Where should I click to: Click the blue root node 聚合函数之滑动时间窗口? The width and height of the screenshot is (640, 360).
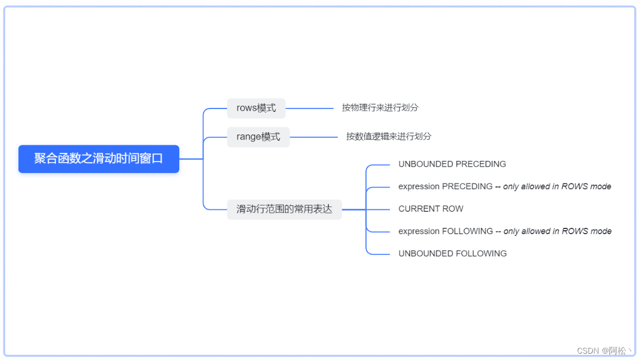click(x=99, y=159)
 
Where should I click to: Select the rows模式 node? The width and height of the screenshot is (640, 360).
click(x=256, y=108)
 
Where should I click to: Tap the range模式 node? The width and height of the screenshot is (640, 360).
click(x=258, y=137)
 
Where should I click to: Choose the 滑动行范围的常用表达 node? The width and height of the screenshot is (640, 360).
click(x=284, y=209)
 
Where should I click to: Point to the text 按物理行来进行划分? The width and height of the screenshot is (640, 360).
click(x=380, y=107)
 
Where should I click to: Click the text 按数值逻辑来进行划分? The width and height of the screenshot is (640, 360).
click(x=389, y=136)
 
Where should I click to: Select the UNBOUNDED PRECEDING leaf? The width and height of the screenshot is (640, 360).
click(x=452, y=164)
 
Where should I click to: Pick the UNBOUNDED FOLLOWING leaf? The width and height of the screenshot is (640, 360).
click(x=453, y=253)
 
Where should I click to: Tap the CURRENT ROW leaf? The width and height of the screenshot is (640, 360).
click(x=431, y=209)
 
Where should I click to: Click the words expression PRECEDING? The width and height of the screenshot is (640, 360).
click(x=445, y=186)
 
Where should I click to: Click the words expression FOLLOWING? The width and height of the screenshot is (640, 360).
click(x=445, y=231)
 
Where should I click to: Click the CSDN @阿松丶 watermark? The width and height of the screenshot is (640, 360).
click(x=605, y=350)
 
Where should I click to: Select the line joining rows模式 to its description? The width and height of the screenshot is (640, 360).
click(x=310, y=108)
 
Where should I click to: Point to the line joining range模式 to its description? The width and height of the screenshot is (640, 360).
click(x=314, y=137)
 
